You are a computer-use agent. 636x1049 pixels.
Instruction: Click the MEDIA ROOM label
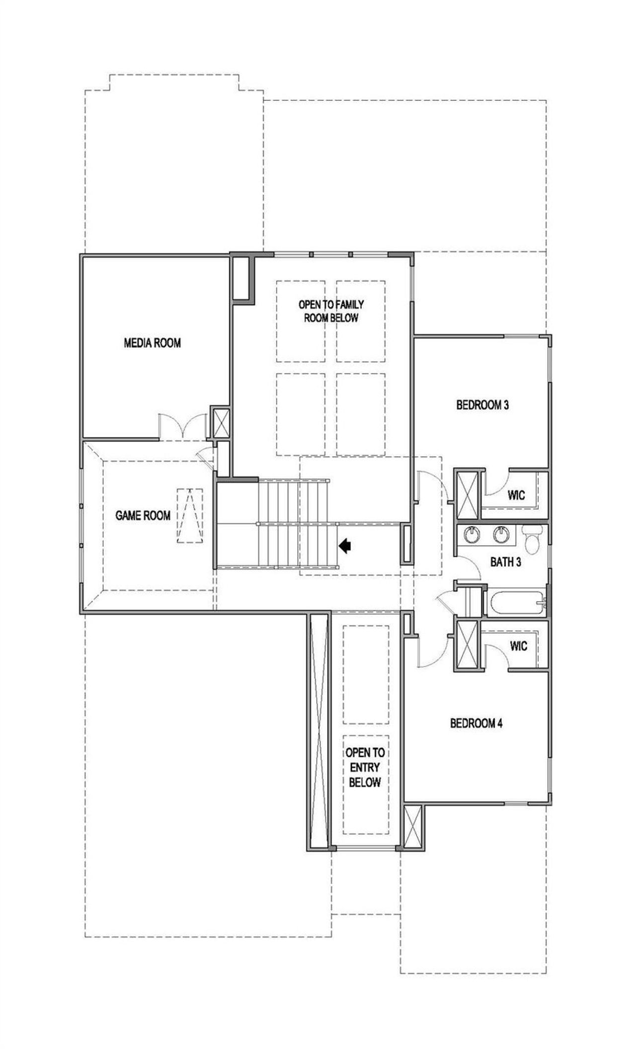152,343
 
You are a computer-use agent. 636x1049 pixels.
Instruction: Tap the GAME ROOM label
143,516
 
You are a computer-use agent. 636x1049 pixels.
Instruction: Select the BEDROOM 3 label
482,405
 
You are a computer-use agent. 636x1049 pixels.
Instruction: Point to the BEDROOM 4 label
476,723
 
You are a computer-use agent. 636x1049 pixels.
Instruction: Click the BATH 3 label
505,563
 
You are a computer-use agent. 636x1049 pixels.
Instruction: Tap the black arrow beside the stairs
345,546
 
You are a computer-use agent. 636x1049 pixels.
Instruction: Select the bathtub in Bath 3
517,603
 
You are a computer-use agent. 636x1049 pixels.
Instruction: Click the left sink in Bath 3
472,535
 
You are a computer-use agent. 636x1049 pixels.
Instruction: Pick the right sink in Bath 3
501,535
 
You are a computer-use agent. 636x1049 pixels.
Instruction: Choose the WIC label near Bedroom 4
518,646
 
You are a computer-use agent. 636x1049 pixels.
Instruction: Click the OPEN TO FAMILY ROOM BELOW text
331,311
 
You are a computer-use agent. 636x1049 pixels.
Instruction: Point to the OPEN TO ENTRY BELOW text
365,768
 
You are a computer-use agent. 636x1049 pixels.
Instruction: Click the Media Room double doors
182,426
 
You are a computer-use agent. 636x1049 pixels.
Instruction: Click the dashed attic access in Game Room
190,516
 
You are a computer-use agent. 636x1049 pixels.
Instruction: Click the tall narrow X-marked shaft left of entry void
318,731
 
